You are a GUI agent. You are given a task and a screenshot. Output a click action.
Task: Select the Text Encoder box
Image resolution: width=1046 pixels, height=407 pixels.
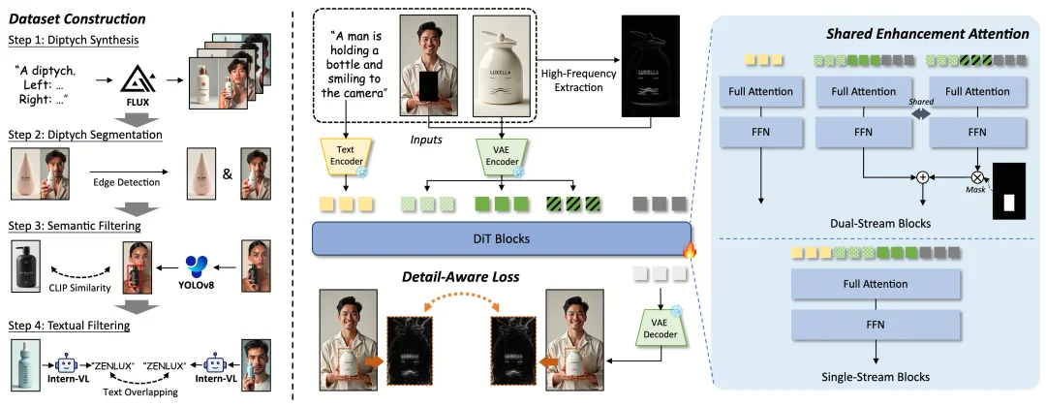coord(344,158)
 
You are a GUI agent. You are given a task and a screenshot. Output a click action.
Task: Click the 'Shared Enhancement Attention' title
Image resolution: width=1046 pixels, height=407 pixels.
coord(927,34)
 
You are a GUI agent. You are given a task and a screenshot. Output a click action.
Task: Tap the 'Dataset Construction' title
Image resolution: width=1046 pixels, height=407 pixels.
coord(72,18)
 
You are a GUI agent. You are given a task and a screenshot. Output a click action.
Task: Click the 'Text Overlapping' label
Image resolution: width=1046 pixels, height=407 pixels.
coord(142,394)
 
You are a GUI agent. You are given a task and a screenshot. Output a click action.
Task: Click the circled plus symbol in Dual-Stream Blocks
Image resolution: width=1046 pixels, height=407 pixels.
coord(922,177)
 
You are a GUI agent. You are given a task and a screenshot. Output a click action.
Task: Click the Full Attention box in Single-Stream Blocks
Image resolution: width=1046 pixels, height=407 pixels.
coord(876,284)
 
